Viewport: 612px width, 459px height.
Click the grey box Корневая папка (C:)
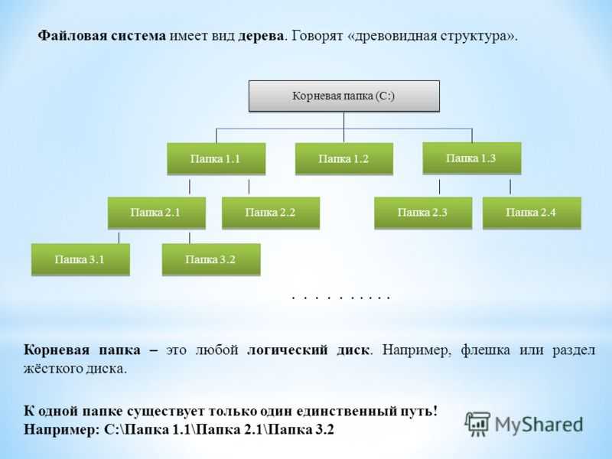(344, 96)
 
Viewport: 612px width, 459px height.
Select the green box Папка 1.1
(216, 158)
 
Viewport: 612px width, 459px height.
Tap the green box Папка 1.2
(343, 158)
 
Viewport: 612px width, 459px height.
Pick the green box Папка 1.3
(472, 158)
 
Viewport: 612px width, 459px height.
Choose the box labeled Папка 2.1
(157, 213)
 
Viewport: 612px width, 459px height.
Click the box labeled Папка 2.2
(271, 213)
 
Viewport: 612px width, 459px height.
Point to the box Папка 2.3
(423, 213)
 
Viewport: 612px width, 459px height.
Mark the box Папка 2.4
(532, 213)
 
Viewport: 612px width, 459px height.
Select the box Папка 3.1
(80, 259)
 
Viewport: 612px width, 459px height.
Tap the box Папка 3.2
(211, 259)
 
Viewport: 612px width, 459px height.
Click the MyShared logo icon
(477, 424)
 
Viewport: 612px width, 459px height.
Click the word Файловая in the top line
(72, 35)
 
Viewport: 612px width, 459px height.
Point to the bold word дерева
(261, 36)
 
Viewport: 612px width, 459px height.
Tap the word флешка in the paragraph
(485, 350)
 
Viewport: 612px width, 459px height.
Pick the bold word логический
(288, 350)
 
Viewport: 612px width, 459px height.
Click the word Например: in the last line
(62, 429)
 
